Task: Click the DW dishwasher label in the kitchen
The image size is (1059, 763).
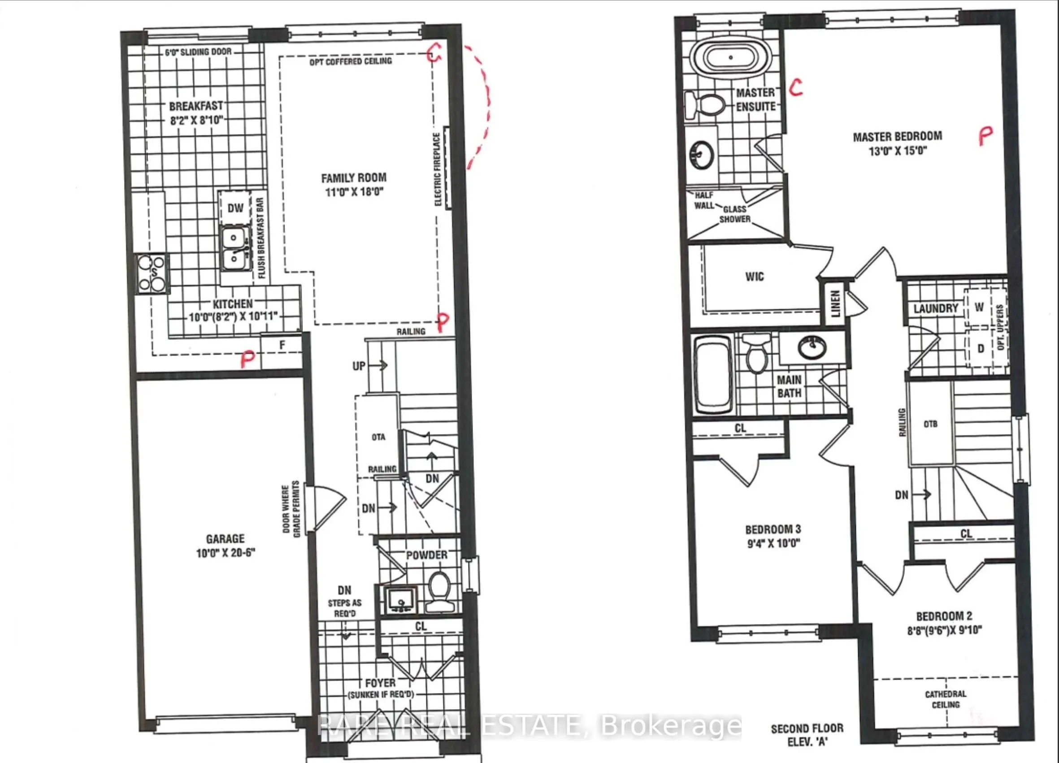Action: [235, 208]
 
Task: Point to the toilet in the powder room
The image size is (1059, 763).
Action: [439, 591]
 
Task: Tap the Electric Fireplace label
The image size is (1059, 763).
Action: [438, 169]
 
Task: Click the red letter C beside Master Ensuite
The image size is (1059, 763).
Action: [797, 87]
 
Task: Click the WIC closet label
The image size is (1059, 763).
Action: [755, 277]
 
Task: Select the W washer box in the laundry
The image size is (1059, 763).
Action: [979, 307]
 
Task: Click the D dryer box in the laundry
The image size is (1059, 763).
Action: [981, 348]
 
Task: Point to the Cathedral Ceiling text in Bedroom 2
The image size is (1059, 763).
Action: [946, 699]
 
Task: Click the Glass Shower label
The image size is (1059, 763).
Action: [734, 214]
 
